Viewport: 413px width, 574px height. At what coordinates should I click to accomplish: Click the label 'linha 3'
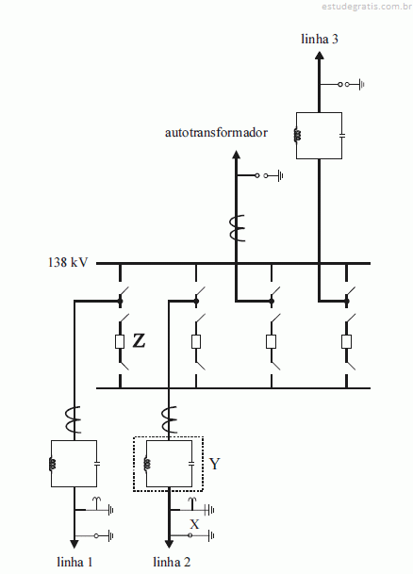click(320, 39)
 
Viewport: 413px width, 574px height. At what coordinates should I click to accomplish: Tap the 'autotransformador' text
click(216, 132)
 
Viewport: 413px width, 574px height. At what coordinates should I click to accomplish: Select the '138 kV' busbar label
click(68, 262)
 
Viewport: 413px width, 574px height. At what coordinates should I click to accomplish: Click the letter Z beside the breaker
click(139, 341)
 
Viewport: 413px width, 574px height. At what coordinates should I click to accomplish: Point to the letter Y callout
click(215, 464)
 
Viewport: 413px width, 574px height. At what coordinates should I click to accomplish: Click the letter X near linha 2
click(194, 524)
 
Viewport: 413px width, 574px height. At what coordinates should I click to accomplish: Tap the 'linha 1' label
click(74, 562)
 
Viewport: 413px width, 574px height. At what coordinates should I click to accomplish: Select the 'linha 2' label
click(172, 562)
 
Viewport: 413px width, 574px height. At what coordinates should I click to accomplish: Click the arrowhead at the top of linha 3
click(320, 56)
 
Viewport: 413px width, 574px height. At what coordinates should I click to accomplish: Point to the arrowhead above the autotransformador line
click(236, 155)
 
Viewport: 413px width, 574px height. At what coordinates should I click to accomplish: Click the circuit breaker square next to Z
click(120, 341)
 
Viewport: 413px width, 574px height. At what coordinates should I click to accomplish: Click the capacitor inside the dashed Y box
click(191, 464)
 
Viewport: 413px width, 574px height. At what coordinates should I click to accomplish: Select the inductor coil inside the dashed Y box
click(147, 464)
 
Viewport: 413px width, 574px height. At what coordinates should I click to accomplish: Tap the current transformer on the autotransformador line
click(237, 228)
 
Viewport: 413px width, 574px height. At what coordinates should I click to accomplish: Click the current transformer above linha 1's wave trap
click(74, 419)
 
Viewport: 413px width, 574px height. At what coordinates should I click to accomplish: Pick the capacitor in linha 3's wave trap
click(342, 136)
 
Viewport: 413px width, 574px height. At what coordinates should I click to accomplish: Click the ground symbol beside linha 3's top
click(361, 85)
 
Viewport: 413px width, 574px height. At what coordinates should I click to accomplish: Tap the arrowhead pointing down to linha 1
click(74, 544)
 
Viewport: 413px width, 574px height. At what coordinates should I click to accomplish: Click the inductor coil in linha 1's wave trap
click(52, 464)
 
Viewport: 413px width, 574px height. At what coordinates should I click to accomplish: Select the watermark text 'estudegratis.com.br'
click(367, 7)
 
